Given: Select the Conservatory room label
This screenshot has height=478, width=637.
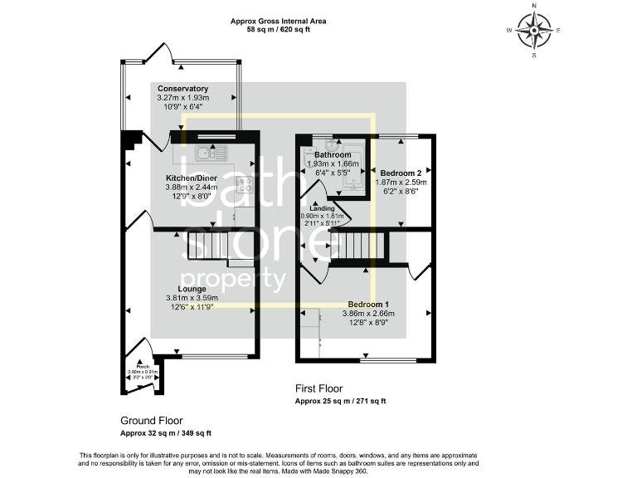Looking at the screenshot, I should click(182, 89).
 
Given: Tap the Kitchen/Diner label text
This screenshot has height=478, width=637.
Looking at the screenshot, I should click(192, 178).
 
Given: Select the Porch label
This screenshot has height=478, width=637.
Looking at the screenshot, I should click(143, 365).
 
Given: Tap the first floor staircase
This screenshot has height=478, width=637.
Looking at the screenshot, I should click(365, 246).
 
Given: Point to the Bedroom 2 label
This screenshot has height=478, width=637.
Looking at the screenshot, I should click(401, 173).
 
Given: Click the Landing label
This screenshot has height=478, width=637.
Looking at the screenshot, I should click(322, 208).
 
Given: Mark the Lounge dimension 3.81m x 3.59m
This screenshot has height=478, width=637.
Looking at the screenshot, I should click(191, 299).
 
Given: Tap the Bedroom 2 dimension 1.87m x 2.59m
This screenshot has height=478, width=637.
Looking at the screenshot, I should click(401, 182).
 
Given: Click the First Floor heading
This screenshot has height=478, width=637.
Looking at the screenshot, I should click(319, 388).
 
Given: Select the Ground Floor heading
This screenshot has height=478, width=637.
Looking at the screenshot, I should click(152, 421).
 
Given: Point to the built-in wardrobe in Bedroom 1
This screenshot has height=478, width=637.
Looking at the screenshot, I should click(314, 333).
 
